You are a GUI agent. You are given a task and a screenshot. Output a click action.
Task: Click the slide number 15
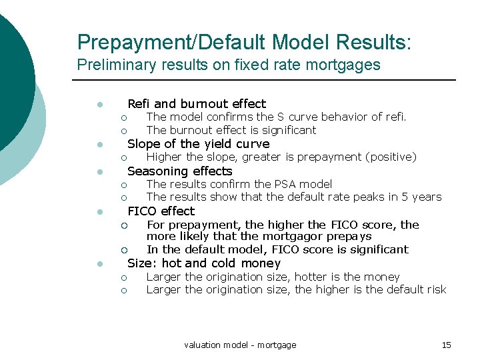pyautogui.click(x=447, y=345)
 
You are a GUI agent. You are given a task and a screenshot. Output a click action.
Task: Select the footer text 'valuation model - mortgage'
pyautogui.click(x=240, y=345)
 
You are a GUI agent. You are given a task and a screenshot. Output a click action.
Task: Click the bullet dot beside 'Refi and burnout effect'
pyautogui.click(x=98, y=105)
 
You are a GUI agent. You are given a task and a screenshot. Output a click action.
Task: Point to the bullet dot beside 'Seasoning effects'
pyautogui.click(x=98, y=172)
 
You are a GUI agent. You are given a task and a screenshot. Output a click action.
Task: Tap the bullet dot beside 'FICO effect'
pyautogui.click(x=98, y=212)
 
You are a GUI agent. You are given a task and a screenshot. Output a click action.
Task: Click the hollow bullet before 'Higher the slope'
pyautogui.click(x=123, y=158)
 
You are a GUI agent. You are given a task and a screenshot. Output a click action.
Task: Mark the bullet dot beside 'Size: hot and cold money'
pyautogui.click(x=98, y=264)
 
